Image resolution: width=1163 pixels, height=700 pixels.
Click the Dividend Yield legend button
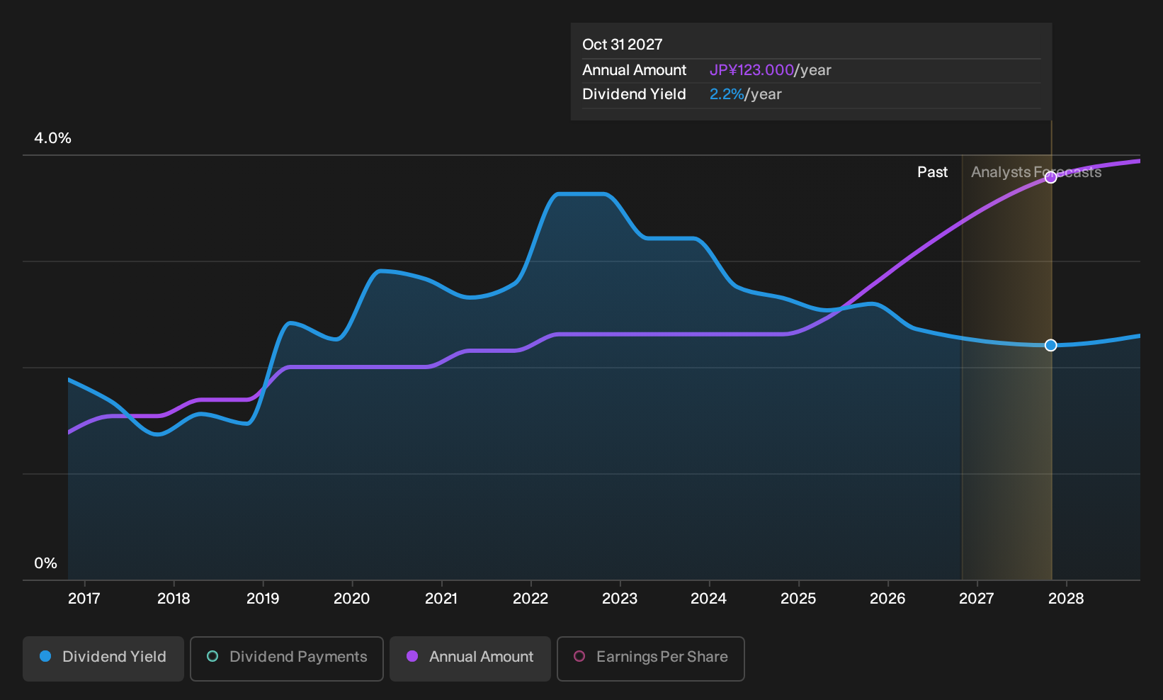103,658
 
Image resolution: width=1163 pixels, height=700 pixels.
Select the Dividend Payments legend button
287,658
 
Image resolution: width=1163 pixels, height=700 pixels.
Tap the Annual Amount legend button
470,658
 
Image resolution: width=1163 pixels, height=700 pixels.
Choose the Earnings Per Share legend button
650,658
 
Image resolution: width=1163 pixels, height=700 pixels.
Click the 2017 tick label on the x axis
84,599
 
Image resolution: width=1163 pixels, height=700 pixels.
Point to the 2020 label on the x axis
351,599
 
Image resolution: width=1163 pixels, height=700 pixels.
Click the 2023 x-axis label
620,599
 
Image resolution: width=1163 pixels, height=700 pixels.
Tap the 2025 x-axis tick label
798,599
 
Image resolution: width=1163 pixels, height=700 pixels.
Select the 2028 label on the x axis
1066,599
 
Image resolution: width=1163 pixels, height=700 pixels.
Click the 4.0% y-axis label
52,138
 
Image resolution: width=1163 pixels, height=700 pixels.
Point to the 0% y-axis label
46,563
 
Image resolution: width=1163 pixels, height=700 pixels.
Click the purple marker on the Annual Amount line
1050,178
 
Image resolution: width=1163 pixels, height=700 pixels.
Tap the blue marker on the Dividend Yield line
1050,345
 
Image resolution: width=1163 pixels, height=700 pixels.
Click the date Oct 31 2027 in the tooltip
622,45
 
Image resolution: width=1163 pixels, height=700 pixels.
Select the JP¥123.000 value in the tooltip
751,70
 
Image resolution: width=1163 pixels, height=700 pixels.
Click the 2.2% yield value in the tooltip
727,94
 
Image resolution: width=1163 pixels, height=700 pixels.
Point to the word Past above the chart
932,172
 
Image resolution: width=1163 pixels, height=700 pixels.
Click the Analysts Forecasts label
1036,172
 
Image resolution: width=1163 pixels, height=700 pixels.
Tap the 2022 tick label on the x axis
530,599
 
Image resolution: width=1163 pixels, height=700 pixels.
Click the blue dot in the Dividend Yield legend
46,656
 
